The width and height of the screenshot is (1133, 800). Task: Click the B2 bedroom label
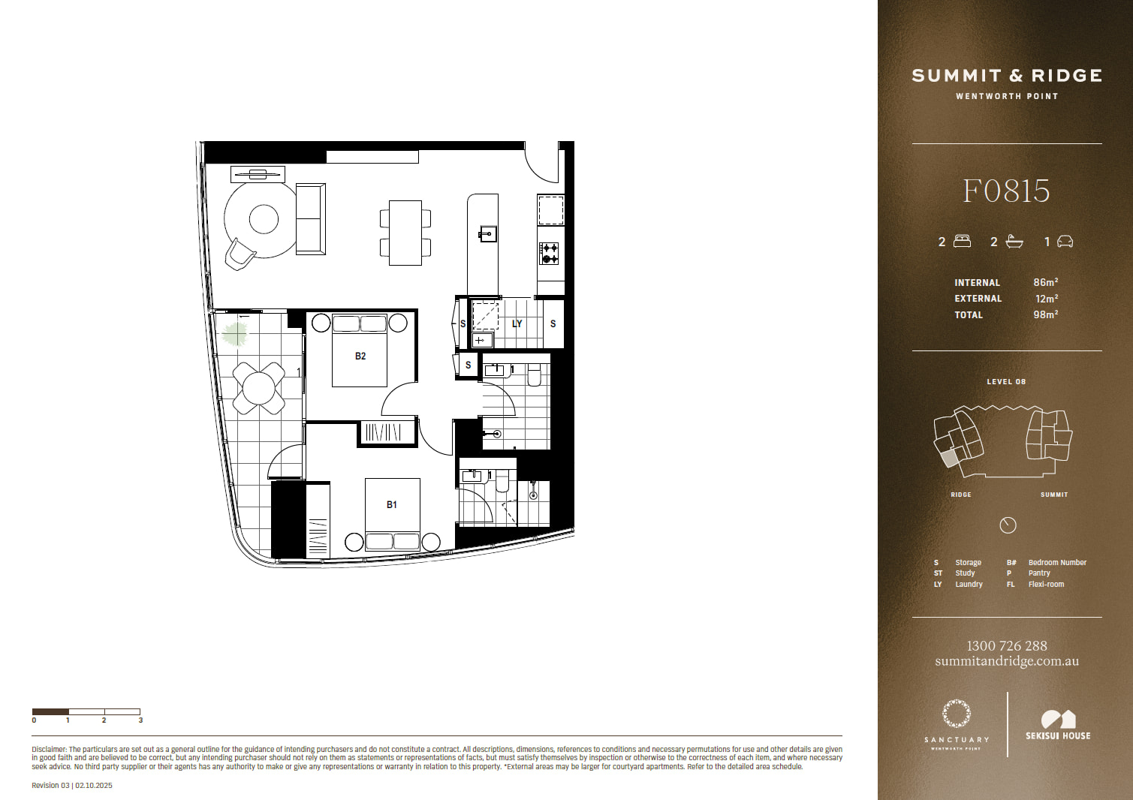point(360,356)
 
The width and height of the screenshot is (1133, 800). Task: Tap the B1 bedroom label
point(391,504)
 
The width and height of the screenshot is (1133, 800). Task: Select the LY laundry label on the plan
point(517,323)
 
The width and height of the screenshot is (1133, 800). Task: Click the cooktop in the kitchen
point(549,254)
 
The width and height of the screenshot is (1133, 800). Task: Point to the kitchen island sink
point(488,234)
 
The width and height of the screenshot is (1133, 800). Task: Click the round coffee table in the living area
point(264,219)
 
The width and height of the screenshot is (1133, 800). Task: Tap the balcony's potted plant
point(234,334)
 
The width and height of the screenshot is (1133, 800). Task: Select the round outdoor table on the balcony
point(258,389)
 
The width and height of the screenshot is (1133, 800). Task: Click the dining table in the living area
point(405,233)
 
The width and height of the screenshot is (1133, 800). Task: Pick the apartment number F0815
point(1006,191)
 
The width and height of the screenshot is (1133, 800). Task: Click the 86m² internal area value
point(1045,282)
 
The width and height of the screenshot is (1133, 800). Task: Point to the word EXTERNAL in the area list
point(978,299)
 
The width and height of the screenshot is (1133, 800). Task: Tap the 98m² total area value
point(1045,314)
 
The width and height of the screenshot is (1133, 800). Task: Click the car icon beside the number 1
point(1065,242)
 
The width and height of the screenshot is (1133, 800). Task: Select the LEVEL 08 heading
point(1006,382)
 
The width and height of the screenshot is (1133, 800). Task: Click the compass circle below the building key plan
point(1008,525)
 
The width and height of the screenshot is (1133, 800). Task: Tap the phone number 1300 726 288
point(1007,645)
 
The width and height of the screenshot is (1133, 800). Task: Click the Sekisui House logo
point(1058,726)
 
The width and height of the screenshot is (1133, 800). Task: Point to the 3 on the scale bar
point(140,720)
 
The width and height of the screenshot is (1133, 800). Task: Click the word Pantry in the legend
point(1039,573)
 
